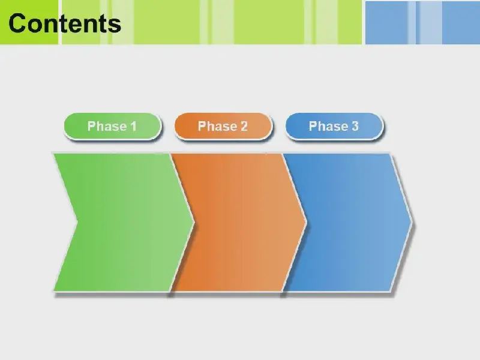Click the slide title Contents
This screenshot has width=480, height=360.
click(x=65, y=23)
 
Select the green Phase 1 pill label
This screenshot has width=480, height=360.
click(x=112, y=126)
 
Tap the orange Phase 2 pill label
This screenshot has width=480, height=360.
click(x=223, y=126)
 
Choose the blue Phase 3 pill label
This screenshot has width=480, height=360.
click(x=334, y=126)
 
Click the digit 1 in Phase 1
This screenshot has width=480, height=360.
click(x=133, y=126)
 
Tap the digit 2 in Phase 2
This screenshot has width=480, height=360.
click(x=244, y=126)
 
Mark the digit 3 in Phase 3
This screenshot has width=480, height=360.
click(x=355, y=126)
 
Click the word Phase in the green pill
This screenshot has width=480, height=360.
click(x=107, y=126)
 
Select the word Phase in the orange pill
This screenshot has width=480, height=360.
click(x=217, y=126)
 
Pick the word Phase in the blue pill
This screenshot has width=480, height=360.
click(x=328, y=126)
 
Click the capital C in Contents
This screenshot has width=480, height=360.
click(x=17, y=23)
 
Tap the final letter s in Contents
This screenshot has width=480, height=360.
click(x=115, y=26)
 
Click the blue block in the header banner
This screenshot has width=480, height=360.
click(x=422, y=23)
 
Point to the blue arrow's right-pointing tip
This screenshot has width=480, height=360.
click(x=412, y=222)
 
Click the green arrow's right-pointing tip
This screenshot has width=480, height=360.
click(x=194, y=222)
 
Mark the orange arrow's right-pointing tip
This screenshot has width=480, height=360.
click(x=306, y=222)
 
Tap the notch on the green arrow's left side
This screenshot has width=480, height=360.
click(x=77, y=222)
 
